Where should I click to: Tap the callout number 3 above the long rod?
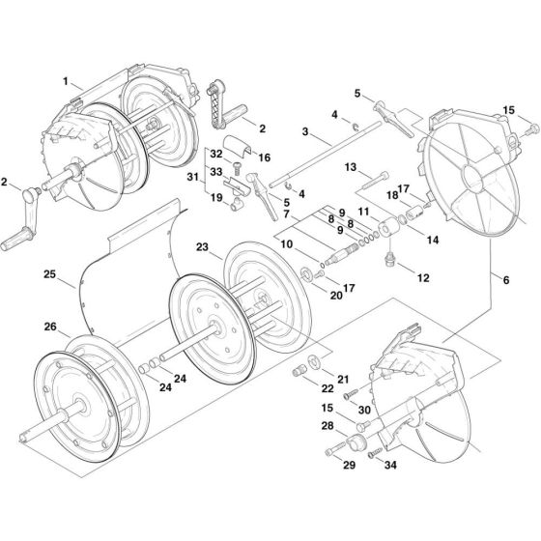[x=304, y=131]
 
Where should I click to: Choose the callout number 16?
[x=264, y=156]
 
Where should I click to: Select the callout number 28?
[x=327, y=426]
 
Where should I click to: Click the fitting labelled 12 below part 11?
[x=389, y=258]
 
